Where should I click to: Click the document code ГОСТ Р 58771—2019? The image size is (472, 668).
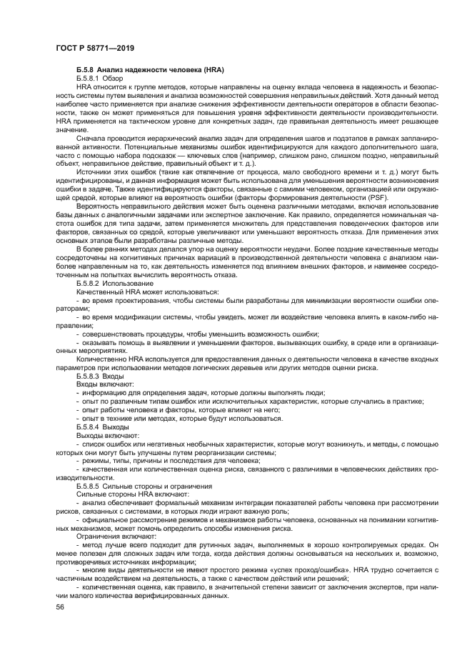(x=95, y=48)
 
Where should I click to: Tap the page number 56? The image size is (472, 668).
(x=61, y=606)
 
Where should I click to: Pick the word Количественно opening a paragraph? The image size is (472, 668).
(x=104, y=359)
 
